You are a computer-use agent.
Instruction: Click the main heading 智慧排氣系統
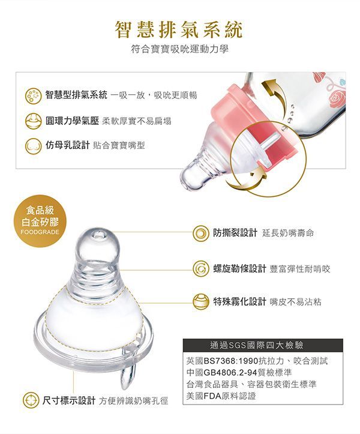pyautogui.click(x=179, y=29)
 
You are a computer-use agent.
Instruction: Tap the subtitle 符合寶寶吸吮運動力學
pyautogui.click(x=180, y=50)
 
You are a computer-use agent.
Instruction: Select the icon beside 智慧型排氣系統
pyautogui.click(x=33, y=96)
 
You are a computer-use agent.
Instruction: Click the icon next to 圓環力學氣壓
pyautogui.click(x=33, y=121)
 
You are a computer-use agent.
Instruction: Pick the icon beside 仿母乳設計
pyautogui.click(x=33, y=146)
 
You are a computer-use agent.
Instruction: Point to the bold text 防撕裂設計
pyautogui.click(x=235, y=232)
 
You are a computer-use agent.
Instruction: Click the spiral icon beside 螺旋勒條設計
pyautogui.click(x=201, y=268)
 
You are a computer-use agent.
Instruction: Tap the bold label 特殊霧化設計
pyautogui.click(x=239, y=301)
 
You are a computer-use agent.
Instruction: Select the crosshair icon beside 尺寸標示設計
pyautogui.click(x=31, y=400)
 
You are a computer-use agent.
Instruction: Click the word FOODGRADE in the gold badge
pyautogui.click(x=40, y=232)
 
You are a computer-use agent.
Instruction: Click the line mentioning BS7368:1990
pyautogui.click(x=257, y=361)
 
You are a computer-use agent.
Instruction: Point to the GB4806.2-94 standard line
pyautogui.click(x=239, y=372)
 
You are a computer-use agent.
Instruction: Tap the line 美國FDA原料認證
pyautogui.click(x=221, y=396)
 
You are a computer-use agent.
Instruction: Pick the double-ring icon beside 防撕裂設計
pyautogui.click(x=201, y=233)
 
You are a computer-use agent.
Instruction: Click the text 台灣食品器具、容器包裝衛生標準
pyautogui.click(x=251, y=384)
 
